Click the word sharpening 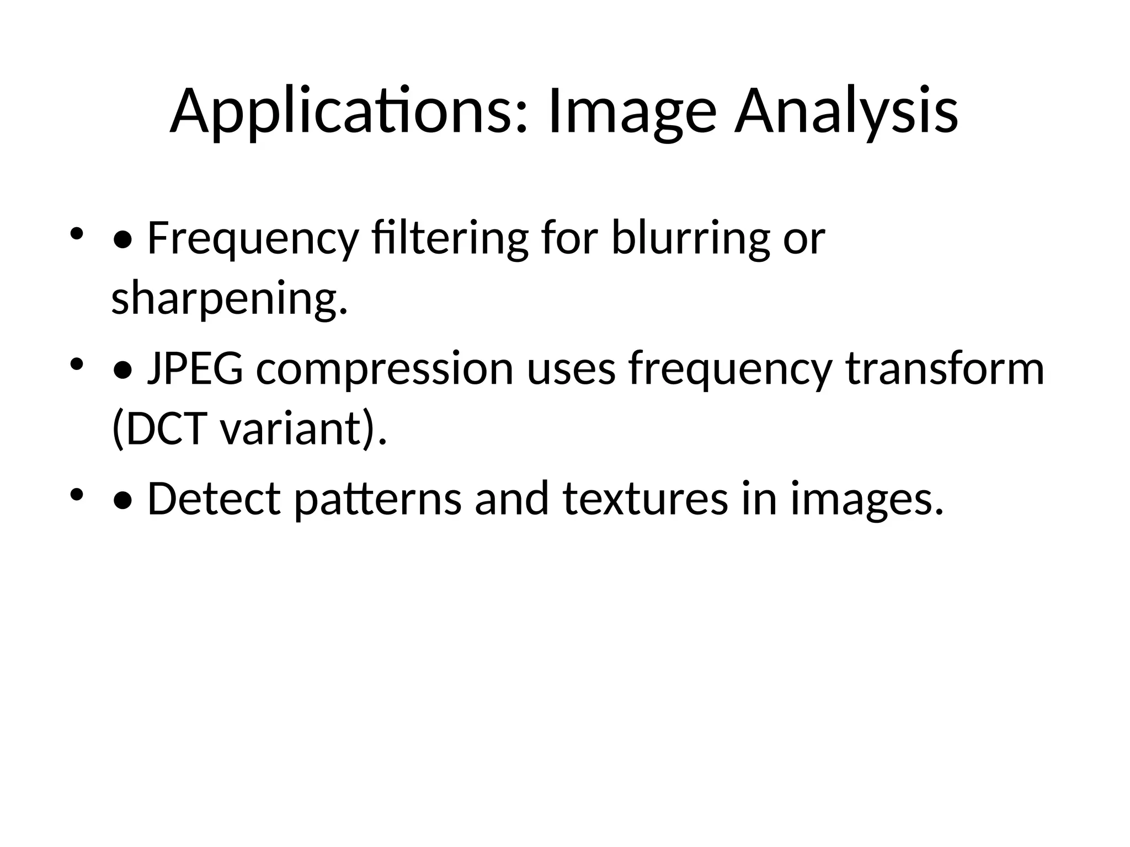229,298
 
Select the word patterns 377,499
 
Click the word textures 645,499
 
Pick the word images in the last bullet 867,499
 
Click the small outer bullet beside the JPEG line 76,363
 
